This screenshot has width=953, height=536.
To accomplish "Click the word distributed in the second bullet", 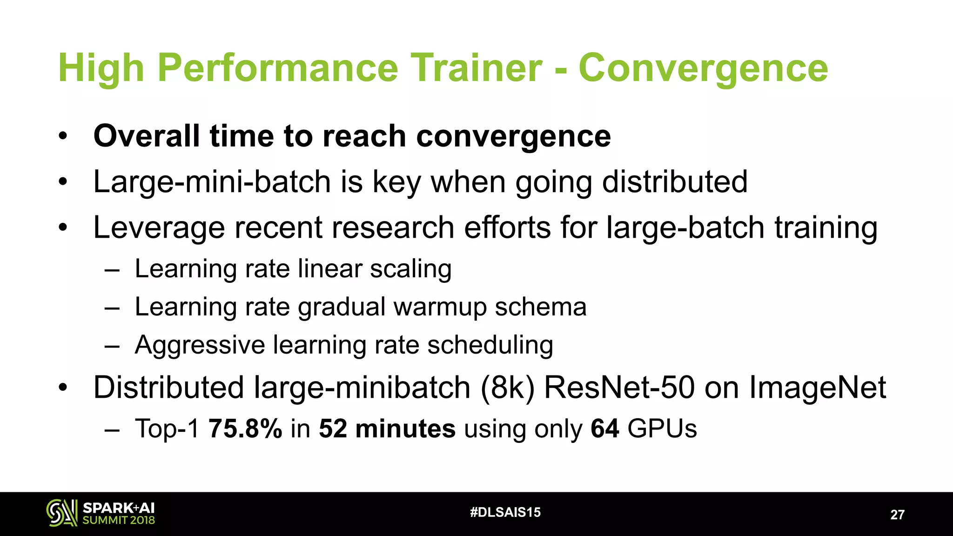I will point(675,181).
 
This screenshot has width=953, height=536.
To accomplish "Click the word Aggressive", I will point(200,345).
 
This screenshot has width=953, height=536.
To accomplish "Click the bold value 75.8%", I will point(245,429).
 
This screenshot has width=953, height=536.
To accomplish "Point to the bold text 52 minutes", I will point(387,429).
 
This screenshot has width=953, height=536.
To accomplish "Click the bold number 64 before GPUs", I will point(604,429).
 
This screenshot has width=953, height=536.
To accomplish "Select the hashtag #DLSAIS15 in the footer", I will point(505,512).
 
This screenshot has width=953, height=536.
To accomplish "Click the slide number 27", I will point(897,515).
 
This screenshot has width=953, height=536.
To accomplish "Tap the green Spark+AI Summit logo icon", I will point(61,513).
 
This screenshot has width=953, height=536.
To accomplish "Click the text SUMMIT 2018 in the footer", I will point(119,520).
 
